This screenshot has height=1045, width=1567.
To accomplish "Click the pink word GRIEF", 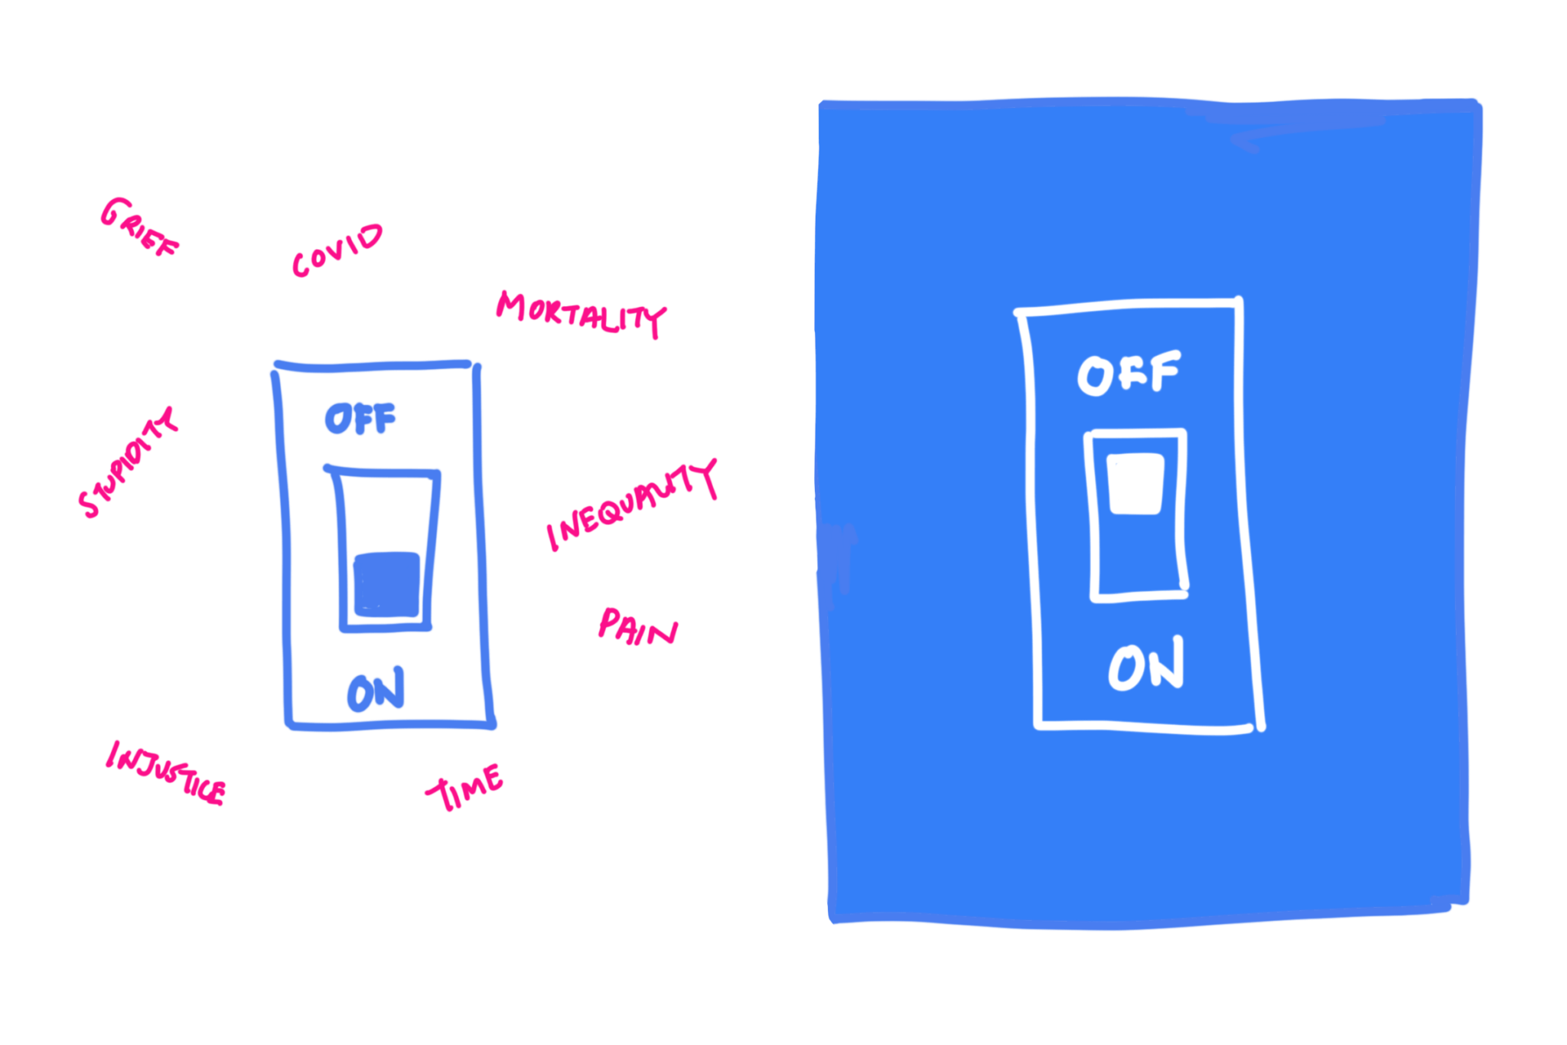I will coord(138,228).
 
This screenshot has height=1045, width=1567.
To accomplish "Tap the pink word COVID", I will coord(337,250).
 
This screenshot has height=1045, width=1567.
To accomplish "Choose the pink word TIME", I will coord(464,787).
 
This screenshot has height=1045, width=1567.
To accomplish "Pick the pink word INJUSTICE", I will coord(165,773).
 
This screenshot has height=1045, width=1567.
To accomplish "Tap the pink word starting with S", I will coord(128,463).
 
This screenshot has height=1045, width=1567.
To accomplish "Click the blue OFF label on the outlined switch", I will coord(360,419).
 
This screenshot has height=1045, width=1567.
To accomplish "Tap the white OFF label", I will coord(1129,374).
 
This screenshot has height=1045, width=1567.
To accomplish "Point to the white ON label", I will coord(1145,665).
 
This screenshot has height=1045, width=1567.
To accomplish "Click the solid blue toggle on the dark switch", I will coord(386,584).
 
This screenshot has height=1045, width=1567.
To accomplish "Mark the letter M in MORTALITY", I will coord(511,305).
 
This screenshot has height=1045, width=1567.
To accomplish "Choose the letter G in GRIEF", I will coord(113,212).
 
